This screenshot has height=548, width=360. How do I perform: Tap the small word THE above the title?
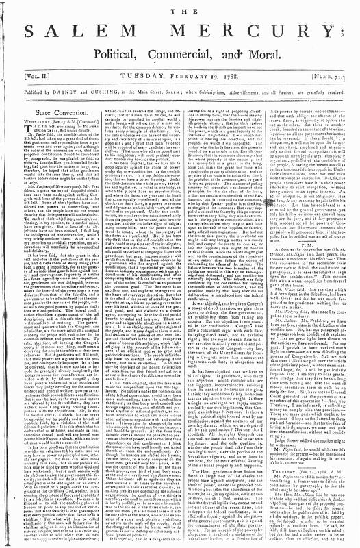(179, 8)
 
